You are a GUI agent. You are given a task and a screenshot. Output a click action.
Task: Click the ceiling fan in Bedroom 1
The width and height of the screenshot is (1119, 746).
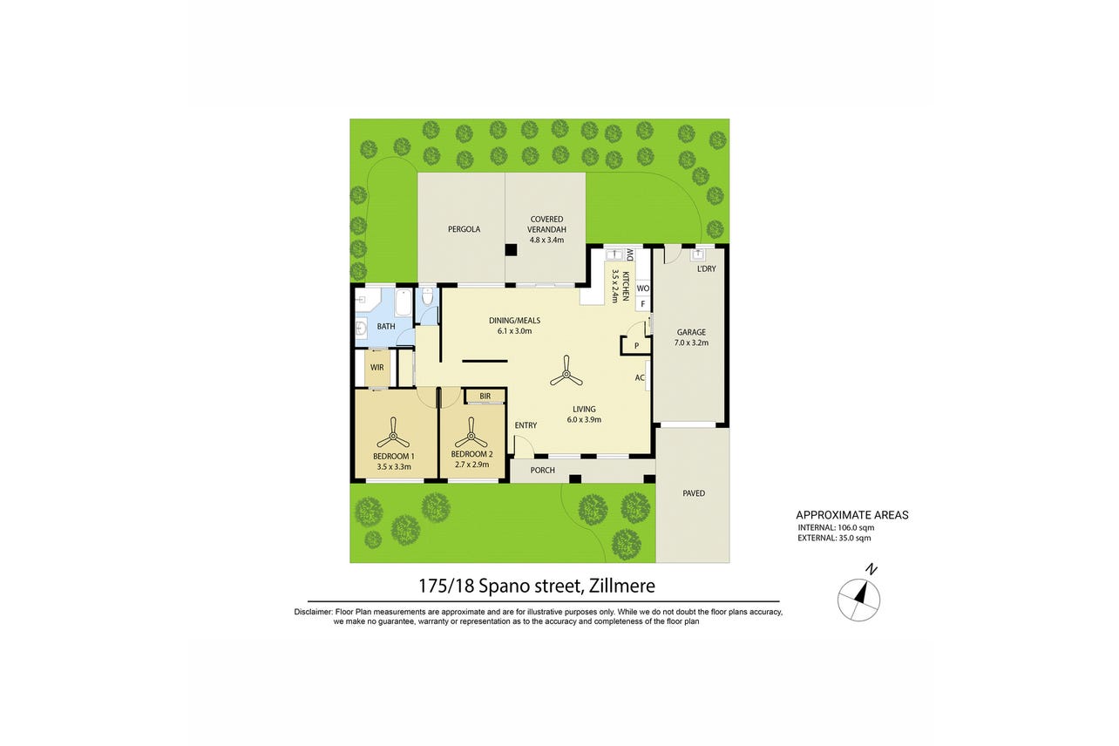pyautogui.click(x=393, y=434)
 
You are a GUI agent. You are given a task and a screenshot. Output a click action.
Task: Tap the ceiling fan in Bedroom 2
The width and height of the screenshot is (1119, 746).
pyautogui.click(x=471, y=434)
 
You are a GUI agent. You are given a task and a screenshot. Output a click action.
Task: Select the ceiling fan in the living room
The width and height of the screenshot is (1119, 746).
pyautogui.click(x=566, y=371)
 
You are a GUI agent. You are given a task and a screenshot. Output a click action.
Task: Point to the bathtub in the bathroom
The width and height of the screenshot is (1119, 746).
pyautogui.click(x=403, y=302)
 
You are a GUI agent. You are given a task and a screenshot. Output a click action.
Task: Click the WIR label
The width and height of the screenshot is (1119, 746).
pyautogui.click(x=377, y=368)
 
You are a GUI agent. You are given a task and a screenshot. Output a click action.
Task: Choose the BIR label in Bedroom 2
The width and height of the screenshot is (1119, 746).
pyautogui.click(x=485, y=397)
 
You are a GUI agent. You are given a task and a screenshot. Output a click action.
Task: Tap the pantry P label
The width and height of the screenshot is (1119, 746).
pyautogui.click(x=636, y=346)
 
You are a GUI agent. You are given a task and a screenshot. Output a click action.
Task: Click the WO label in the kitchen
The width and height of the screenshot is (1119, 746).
pyautogui.click(x=643, y=288)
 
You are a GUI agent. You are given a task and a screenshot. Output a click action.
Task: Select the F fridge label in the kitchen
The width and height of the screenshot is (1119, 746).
pyautogui.click(x=643, y=304)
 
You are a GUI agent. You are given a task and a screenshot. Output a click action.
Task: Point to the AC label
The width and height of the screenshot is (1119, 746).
pyautogui.click(x=640, y=377)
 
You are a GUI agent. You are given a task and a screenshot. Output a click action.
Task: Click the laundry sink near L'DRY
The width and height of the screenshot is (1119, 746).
pyautogui.click(x=697, y=254)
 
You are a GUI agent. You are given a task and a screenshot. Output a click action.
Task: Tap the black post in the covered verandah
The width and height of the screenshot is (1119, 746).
pyautogui.click(x=511, y=249)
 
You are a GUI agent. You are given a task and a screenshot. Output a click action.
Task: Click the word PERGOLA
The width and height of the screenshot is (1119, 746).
pyautogui.click(x=465, y=229)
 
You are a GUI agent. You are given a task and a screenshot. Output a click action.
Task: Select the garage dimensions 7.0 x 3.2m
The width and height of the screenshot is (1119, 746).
pyautogui.click(x=691, y=342)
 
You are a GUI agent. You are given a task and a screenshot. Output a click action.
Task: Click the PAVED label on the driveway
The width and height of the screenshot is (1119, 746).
pyautogui.click(x=694, y=493)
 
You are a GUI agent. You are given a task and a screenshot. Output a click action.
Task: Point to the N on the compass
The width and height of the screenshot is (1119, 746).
pyautogui.click(x=871, y=569)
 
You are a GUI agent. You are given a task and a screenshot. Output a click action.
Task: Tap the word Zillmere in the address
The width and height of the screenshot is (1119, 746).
pyautogui.click(x=622, y=586)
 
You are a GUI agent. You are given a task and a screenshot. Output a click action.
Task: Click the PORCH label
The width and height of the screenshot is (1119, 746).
pyautogui.click(x=543, y=471)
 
